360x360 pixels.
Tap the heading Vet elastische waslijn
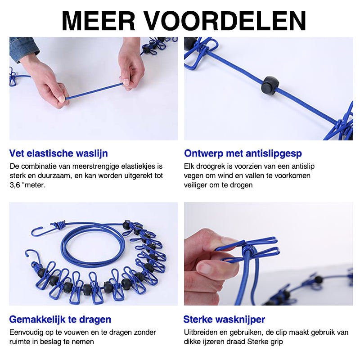[x=58, y=153]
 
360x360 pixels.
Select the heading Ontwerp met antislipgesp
[x=243, y=153]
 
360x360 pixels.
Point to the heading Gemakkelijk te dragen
[x=60, y=319]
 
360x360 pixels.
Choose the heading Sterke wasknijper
[x=224, y=319]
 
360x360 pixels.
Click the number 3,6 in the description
[x=16, y=184]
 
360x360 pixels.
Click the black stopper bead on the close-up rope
[x=270, y=85]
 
